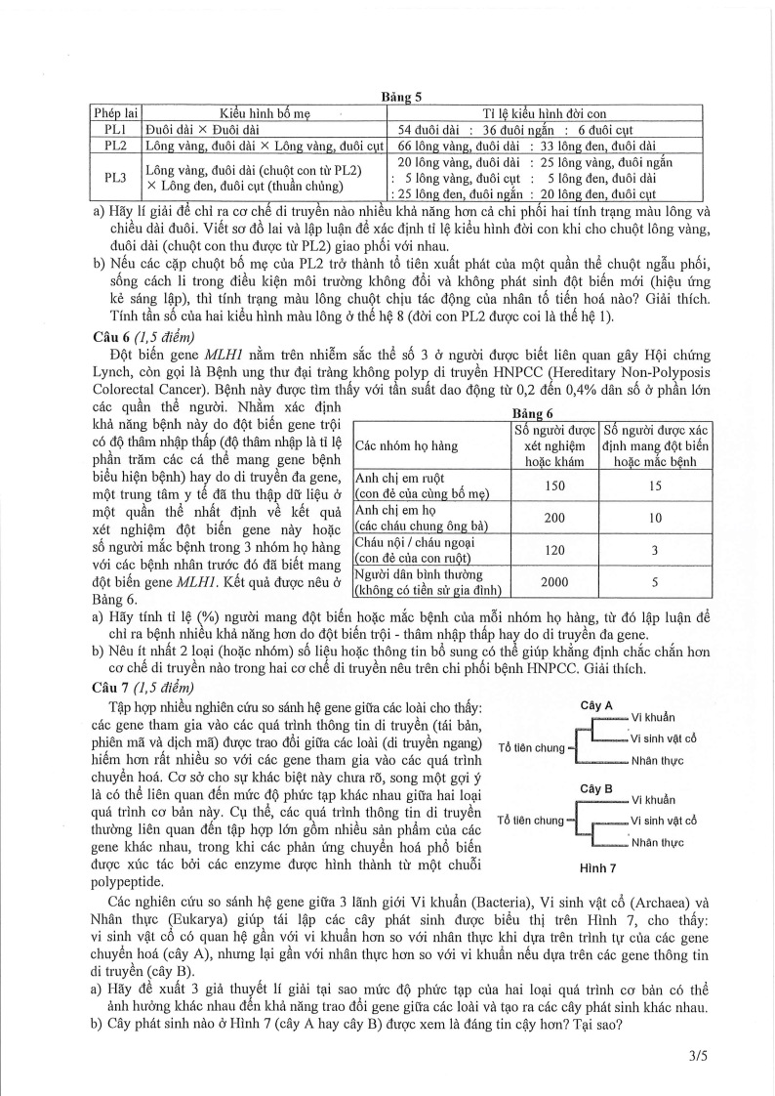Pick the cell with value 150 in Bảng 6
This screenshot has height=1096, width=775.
tap(554, 485)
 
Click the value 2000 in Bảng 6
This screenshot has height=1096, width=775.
tap(554, 581)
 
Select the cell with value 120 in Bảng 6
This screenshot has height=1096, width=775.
tap(554, 550)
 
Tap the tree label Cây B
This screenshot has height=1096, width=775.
tap(595, 788)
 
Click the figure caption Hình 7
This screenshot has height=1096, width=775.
tap(595, 867)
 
